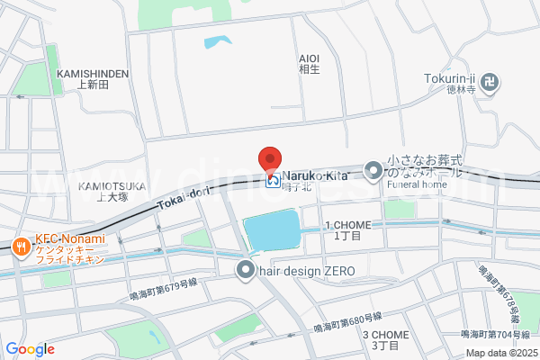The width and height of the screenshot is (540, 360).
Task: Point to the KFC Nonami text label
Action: (70, 239)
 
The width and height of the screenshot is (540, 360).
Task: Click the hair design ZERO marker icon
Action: (245, 269)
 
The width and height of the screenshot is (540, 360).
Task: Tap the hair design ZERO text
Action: (307, 271)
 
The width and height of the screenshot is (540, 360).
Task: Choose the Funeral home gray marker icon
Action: (373, 170)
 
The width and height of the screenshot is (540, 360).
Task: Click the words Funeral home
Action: (417, 184)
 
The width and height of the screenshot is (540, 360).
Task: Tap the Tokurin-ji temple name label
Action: (449, 78)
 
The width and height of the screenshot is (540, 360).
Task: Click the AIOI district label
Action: (309, 58)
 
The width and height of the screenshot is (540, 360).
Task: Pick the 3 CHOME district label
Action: (386, 335)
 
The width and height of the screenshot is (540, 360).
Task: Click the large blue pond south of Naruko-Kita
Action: (271, 231)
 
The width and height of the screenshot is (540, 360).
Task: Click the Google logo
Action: (30, 349)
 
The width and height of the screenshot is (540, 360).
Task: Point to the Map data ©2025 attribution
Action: (499, 353)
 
